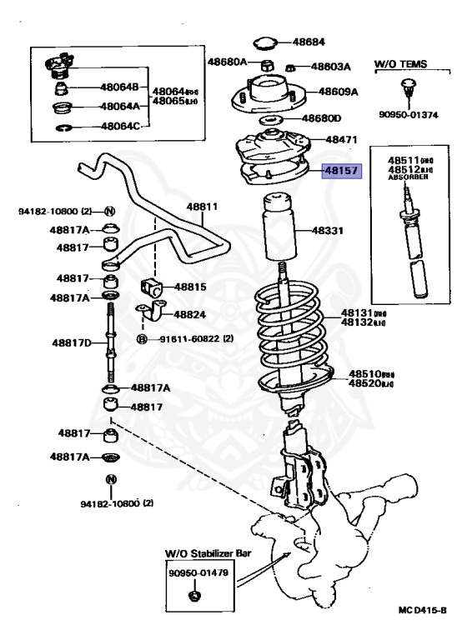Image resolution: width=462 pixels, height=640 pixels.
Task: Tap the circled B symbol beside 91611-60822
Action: [x=142, y=339]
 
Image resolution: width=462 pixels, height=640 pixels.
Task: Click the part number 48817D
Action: [x=73, y=342]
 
